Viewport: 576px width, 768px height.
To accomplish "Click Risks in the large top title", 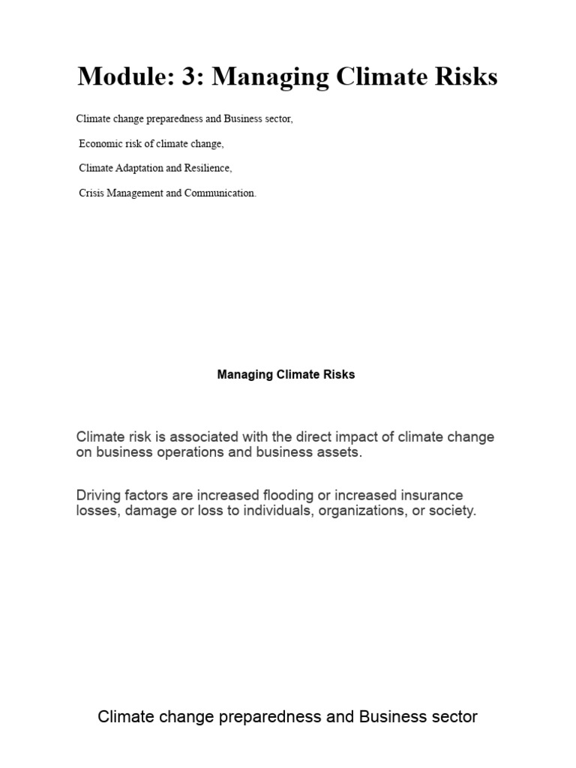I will pos(466,76).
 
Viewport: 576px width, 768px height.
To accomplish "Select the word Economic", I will pos(100,143).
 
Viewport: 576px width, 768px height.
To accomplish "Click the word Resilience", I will pos(207,168).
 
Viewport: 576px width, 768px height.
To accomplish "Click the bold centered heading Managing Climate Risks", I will pos(286,375).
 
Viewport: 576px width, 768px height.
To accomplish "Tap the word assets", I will pos(339,454).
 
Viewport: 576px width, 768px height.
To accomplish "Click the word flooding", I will pos(289,496).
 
